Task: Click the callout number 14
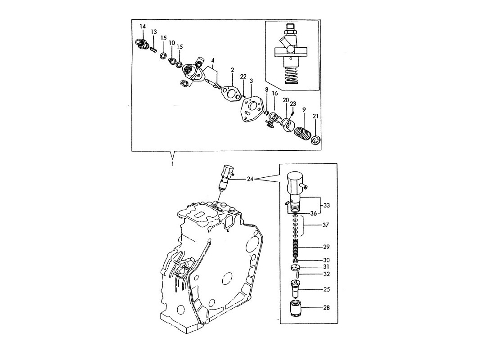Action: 143,26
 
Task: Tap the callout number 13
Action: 154,32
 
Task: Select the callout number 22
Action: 243,77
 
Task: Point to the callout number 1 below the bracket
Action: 172,164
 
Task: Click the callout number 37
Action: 325,225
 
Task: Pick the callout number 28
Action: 326,307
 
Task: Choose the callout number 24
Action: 250,180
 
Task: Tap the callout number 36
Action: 313,213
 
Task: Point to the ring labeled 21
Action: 316,139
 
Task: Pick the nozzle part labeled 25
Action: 295,289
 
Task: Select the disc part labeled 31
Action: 296,268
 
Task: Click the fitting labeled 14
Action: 141,44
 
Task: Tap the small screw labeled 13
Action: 153,50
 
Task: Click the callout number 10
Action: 172,43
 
